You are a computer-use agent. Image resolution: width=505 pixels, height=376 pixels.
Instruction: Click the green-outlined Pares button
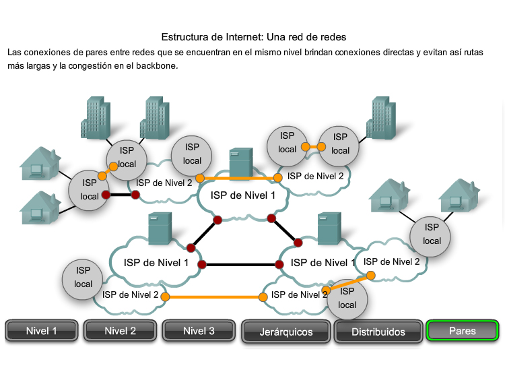tap(462, 331)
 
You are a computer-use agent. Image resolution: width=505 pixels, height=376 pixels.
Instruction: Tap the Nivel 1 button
tap(42, 331)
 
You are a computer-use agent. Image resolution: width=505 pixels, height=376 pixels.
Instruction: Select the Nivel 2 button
tap(120, 331)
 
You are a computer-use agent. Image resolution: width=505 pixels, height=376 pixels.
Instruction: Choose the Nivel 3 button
tap(199, 331)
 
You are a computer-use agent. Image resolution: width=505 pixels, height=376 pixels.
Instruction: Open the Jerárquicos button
tap(286, 332)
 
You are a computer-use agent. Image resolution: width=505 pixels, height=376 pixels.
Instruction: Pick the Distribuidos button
tap(378, 332)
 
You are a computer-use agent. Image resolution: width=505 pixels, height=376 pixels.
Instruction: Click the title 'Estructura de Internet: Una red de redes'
tap(258, 36)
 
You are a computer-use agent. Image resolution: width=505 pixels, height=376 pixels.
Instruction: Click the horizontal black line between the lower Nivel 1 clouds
tap(241, 264)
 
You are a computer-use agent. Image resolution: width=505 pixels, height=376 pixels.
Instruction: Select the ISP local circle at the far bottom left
tap(83, 278)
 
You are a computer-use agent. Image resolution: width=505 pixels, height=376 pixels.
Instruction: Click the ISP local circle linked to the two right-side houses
tap(432, 234)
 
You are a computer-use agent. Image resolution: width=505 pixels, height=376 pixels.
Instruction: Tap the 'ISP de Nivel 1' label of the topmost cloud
tap(243, 195)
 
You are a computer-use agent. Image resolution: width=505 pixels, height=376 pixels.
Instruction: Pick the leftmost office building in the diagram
tap(94, 118)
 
